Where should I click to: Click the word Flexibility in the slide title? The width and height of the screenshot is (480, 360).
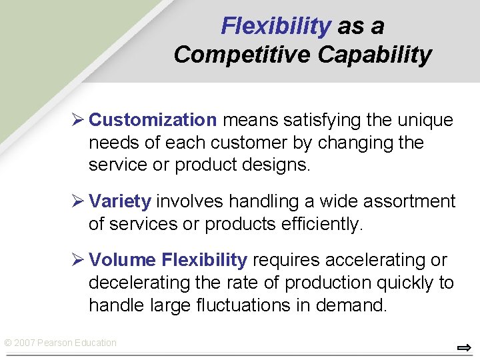click(275, 26)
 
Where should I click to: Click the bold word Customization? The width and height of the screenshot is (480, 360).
click(153, 120)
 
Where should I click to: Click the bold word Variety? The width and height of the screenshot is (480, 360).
click(120, 201)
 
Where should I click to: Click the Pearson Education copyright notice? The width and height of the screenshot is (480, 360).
click(60, 343)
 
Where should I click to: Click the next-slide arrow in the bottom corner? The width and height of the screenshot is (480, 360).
click(464, 347)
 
